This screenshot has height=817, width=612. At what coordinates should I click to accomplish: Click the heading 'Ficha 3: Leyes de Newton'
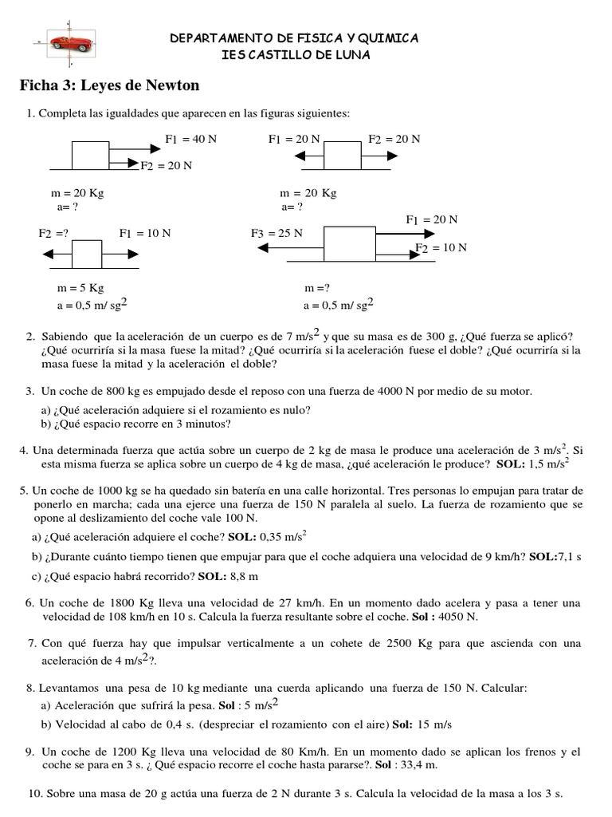(109, 85)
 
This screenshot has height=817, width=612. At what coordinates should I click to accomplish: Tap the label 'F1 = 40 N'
(190, 139)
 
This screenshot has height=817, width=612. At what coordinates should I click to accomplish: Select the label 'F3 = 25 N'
(277, 234)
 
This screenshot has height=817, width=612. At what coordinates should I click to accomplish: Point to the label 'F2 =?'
(54, 234)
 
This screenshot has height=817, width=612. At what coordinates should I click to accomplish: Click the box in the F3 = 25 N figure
(349, 243)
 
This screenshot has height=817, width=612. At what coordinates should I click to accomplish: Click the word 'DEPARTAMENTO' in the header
(216, 38)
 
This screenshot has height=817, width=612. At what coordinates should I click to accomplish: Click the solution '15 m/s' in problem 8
(433, 724)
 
